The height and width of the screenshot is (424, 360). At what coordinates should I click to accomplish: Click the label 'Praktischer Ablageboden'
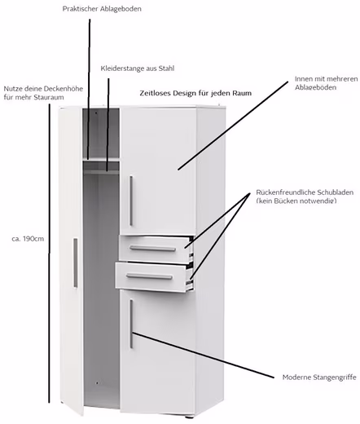pyautogui.click(x=102, y=9)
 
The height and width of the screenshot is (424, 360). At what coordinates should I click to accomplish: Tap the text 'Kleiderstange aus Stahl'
pyautogui.click(x=138, y=68)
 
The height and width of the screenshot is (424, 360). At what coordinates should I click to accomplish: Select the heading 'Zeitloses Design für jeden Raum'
pyautogui.click(x=195, y=93)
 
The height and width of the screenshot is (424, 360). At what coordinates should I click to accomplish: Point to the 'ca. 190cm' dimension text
pyautogui.click(x=28, y=239)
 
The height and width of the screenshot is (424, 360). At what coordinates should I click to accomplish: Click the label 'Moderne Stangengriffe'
pyautogui.click(x=319, y=378)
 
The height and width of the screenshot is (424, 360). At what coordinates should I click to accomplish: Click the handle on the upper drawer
pyautogui.click(x=152, y=249)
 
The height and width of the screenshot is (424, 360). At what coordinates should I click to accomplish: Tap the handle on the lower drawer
pyautogui.click(x=149, y=276)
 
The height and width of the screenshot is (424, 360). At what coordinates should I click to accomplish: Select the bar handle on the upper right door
pyautogui.click(x=131, y=201)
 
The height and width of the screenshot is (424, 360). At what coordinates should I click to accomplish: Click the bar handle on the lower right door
pyautogui.click(x=131, y=324)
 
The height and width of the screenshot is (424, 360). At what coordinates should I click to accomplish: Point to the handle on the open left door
pyautogui.click(x=75, y=263)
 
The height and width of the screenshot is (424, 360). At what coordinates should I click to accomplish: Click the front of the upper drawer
pyautogui.click(x=155, y=250)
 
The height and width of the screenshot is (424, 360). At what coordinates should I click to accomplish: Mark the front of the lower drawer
pyautogui.click(x=151, y=277)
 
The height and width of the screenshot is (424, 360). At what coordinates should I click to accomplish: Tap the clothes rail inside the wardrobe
pyautogui.click(x=101, y=172)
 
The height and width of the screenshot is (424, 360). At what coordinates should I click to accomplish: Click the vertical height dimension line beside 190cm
pyautogui.click(x=49, y=254)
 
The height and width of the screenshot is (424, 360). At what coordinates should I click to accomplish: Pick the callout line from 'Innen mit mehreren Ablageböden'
pyautogui.click(x=233, y=126)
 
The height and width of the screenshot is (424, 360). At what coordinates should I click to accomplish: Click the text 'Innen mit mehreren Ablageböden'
pyautogui.click(x=326, y=83)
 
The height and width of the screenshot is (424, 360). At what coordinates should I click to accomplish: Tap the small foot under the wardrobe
pyautogui.click(x=188, y=417)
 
